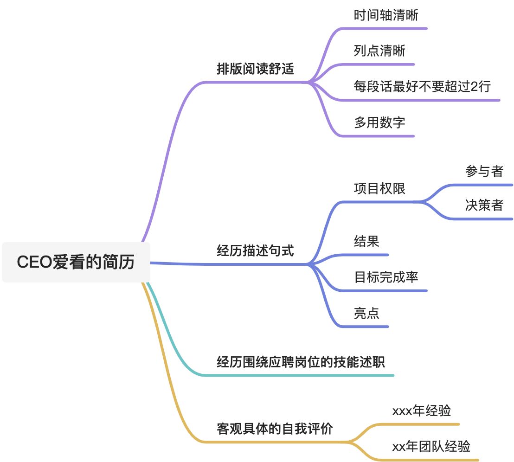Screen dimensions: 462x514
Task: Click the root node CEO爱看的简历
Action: pos(76,262)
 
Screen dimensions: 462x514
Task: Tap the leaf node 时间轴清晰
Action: pos(385,15)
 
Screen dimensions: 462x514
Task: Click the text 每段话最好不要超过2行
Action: pos(422,86)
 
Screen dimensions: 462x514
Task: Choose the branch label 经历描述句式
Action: pos(255,251)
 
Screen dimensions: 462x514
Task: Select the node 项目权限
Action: pos(379,189)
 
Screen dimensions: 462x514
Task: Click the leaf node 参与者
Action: pos(484,171)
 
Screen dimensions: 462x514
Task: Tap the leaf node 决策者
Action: pos(484,205)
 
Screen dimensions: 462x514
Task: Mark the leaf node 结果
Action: pos(366,242)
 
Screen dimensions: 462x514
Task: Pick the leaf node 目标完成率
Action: pos(385,277)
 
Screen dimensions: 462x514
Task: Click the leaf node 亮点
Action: pos(366,313)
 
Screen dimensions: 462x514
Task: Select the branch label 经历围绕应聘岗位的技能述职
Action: pos(301,362)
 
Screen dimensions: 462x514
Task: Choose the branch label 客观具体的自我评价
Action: pos(275,429)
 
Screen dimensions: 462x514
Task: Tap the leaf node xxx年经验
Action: pos(421,411)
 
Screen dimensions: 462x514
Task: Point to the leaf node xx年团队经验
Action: pos(431,447)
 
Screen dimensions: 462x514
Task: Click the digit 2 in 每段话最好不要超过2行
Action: pos(474,87)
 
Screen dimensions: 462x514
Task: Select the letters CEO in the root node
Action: pos(34,262)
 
